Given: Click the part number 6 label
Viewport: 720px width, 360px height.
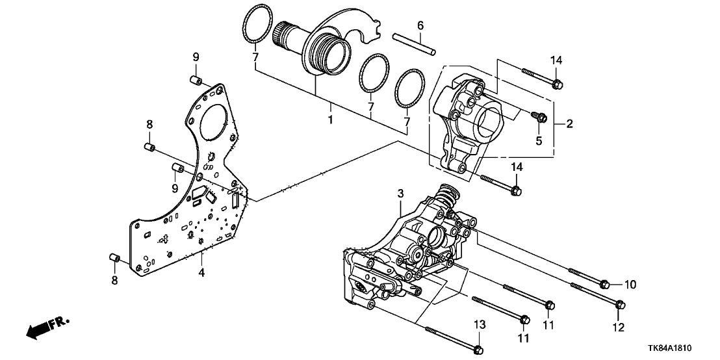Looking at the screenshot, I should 420,25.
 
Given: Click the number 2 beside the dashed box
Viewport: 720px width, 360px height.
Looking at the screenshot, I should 569,123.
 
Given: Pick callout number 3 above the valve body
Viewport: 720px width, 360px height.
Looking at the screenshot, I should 401,193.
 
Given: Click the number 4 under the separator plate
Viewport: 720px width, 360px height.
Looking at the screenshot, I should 201,273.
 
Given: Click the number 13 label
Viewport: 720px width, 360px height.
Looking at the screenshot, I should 479,324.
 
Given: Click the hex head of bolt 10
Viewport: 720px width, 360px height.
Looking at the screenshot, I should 604,284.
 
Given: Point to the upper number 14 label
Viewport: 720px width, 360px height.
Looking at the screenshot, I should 556,60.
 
